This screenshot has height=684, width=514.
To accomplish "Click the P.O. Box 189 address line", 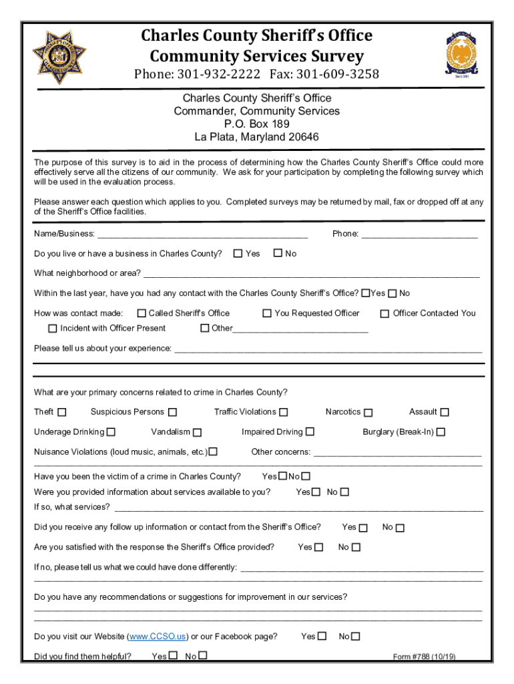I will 256,124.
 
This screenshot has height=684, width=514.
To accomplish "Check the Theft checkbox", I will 62,412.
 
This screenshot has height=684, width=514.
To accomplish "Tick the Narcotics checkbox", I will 368,413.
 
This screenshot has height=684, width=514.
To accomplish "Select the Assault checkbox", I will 445,412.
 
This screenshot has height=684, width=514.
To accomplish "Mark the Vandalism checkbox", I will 198,432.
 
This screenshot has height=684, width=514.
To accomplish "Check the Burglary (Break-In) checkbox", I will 441,432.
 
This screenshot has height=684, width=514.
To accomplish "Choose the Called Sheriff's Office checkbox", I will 142,313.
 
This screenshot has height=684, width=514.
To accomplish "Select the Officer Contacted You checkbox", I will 384,313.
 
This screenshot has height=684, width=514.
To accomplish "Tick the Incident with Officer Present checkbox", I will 53,329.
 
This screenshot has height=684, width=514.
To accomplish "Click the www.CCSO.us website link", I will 158,637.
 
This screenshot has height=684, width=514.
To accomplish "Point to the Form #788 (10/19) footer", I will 424,657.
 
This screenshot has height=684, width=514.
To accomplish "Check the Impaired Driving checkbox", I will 310,432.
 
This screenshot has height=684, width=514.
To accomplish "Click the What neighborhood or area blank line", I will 312,274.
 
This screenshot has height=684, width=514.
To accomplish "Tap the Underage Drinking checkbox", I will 111,432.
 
